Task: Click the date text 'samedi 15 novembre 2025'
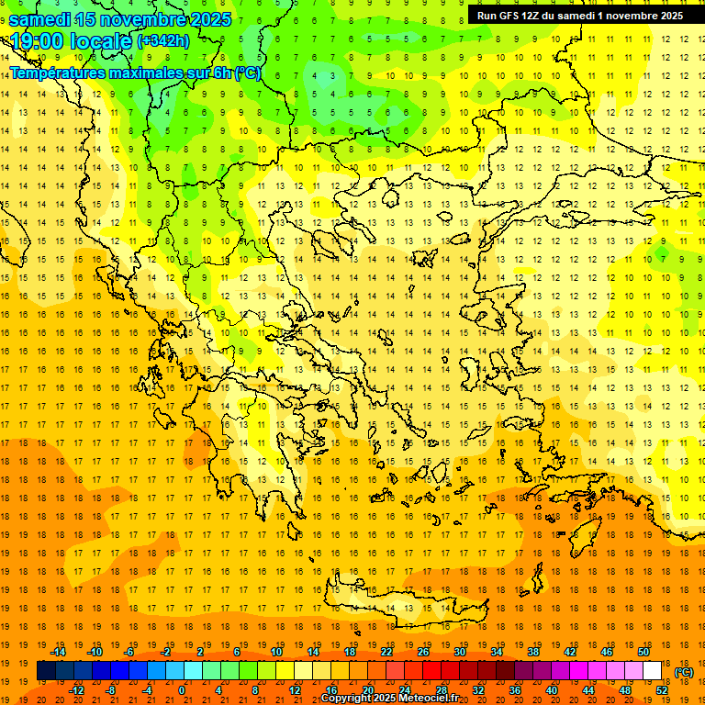(119, 19)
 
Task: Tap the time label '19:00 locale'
(70, 41)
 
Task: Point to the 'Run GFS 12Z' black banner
(579, 16)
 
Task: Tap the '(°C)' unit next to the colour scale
(683, 672)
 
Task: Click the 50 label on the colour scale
(643, 651)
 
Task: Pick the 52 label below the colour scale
(661, 690)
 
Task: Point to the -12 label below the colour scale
(76, 690)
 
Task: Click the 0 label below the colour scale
(182, 690)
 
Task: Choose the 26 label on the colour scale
(423, 651)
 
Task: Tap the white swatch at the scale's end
(652, 671)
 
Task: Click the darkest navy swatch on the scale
(46, 671)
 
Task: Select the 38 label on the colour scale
(532, 651)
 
